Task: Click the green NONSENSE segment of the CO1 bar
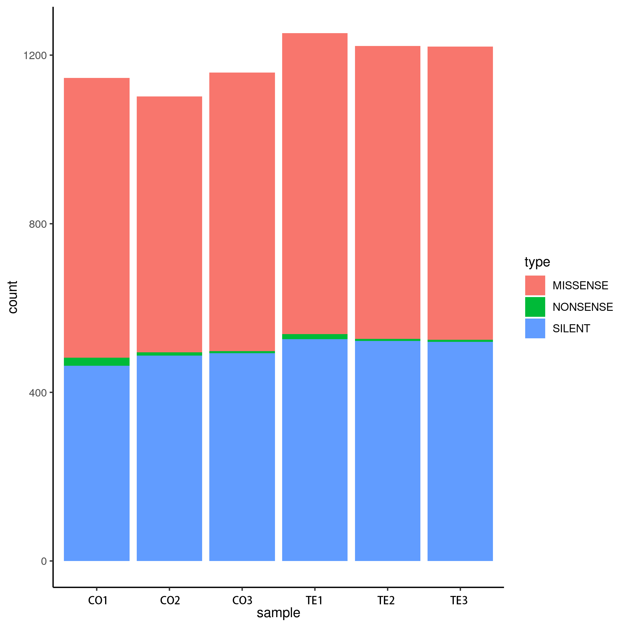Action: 97,362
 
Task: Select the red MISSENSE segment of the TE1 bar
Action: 314,183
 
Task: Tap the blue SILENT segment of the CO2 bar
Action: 169,458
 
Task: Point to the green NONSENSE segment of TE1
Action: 314,336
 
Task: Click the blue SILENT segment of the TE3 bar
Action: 460,451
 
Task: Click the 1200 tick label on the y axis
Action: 35,56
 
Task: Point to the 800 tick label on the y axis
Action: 38,224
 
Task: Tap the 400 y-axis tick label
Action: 38,393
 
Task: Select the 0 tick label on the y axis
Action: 44,561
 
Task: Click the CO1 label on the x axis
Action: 98,601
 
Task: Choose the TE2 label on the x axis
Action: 386,601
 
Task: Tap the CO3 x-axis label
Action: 242,601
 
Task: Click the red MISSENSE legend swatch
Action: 535,285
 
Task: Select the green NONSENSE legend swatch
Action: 535,307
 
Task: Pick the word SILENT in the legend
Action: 571,328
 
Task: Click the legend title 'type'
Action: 537,262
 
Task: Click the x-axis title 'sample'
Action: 278,613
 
